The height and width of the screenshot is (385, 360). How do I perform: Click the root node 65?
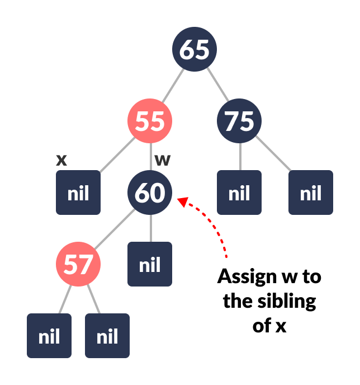pos(194,49)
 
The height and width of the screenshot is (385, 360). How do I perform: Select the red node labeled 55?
pos(150,121)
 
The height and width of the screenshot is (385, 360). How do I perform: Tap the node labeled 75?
pos(239,121)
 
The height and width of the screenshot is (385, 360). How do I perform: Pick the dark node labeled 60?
pos(150,192)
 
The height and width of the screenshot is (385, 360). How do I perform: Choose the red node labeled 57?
pos(78,264)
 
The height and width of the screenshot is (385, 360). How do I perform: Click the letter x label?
pos(61,160)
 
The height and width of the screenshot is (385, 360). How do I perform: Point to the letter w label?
pos(162,160)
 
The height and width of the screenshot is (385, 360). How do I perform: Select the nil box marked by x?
pos(78,192)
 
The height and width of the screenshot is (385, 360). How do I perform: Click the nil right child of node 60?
pos(150,264)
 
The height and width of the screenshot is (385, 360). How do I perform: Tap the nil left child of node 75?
pos(239,192)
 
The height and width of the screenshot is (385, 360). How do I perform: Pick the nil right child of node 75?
pos(311,192)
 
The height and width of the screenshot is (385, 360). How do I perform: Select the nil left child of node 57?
pos(49,336)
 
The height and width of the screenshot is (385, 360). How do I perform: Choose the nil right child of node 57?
pos(107,336)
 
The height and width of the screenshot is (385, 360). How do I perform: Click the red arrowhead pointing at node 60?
pos(181,200)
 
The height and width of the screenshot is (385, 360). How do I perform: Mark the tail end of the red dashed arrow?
pos(226,256)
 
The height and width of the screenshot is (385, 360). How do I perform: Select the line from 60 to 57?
pos(114,228)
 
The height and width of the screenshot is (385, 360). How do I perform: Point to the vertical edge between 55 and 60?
pos(150,157)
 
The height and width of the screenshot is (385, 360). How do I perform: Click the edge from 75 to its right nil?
pos(274,156)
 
